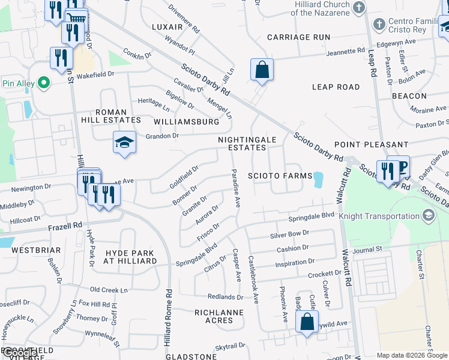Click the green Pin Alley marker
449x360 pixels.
(x=43, y=82)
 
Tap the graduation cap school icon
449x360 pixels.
(x=124, y=143)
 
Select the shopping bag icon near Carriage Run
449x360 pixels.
(x=262, y=70)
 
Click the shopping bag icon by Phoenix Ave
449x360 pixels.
(x=307, y=322)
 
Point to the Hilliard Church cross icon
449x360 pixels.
(x=359, y=8)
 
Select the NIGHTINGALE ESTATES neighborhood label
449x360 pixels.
(x=247, y=143)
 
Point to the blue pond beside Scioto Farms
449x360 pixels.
(x=318, y=179)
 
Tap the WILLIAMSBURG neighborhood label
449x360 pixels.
(x=187, y=122)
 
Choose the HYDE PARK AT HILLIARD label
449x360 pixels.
(x=130, y=257)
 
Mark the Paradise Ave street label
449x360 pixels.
(x=236, y=188)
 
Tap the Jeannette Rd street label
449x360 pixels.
(x=346, y=52)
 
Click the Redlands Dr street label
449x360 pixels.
(x=225, y=297)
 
